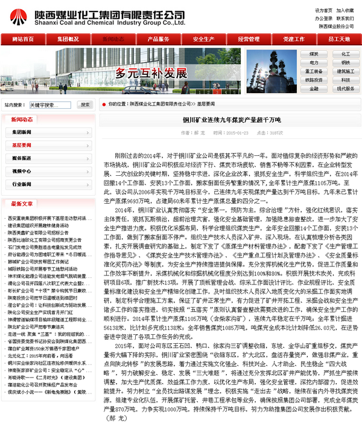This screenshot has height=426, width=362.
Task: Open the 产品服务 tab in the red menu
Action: (150, 39)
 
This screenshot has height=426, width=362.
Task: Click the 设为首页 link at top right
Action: (323, 11)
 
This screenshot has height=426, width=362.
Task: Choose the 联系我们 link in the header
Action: (345, 19)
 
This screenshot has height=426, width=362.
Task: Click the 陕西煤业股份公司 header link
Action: (336, 27)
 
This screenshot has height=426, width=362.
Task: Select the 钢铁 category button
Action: (345, 62)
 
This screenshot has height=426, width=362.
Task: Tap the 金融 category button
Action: (314, 88)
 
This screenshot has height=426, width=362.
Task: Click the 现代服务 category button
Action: (345, 88)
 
